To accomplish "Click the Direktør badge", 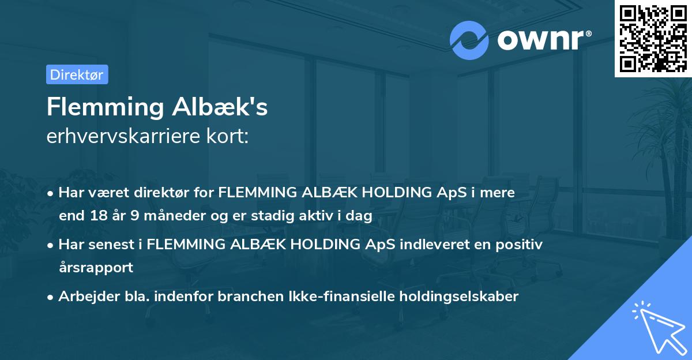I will click(77, 74).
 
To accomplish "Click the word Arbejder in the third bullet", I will click(82, 296).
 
